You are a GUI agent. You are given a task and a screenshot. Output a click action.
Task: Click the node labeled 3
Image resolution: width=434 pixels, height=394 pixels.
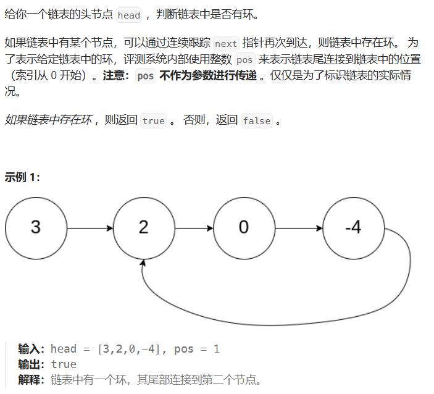[x=36, y=228]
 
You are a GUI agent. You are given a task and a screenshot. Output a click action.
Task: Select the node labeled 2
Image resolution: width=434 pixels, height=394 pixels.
[x=144, y=228]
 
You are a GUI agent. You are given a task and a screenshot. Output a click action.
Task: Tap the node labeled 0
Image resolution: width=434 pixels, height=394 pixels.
[x=244, y=228]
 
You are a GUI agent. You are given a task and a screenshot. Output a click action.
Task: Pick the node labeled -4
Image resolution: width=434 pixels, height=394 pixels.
[x=353, y=228]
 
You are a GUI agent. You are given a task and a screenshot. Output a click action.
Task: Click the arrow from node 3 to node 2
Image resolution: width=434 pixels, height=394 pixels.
[x=90, y=228]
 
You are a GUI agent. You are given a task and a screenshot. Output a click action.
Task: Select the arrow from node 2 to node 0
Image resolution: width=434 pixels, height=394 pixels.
[x=194, y=228]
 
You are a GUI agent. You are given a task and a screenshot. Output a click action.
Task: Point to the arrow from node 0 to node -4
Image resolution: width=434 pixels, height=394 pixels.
[x=298, y=228]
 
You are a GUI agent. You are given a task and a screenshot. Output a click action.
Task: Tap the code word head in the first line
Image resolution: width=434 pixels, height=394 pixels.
[x=128, y=15]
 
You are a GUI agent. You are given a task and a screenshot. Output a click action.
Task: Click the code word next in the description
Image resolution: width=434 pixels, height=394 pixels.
[x=225, y=44]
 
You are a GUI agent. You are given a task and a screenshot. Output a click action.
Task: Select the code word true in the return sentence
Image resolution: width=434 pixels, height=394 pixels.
[x=153, y=121]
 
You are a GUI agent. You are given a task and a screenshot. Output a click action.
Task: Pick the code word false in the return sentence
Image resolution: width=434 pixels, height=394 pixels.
[x=256, y=121]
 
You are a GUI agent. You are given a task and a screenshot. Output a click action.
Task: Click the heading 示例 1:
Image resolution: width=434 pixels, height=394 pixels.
[x=22, y=177]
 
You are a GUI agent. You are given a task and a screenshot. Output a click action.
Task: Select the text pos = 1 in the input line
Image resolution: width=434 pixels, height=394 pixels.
[x=197, y=349]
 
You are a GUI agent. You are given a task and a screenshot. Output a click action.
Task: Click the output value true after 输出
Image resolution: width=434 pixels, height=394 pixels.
[x=64, y=364]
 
